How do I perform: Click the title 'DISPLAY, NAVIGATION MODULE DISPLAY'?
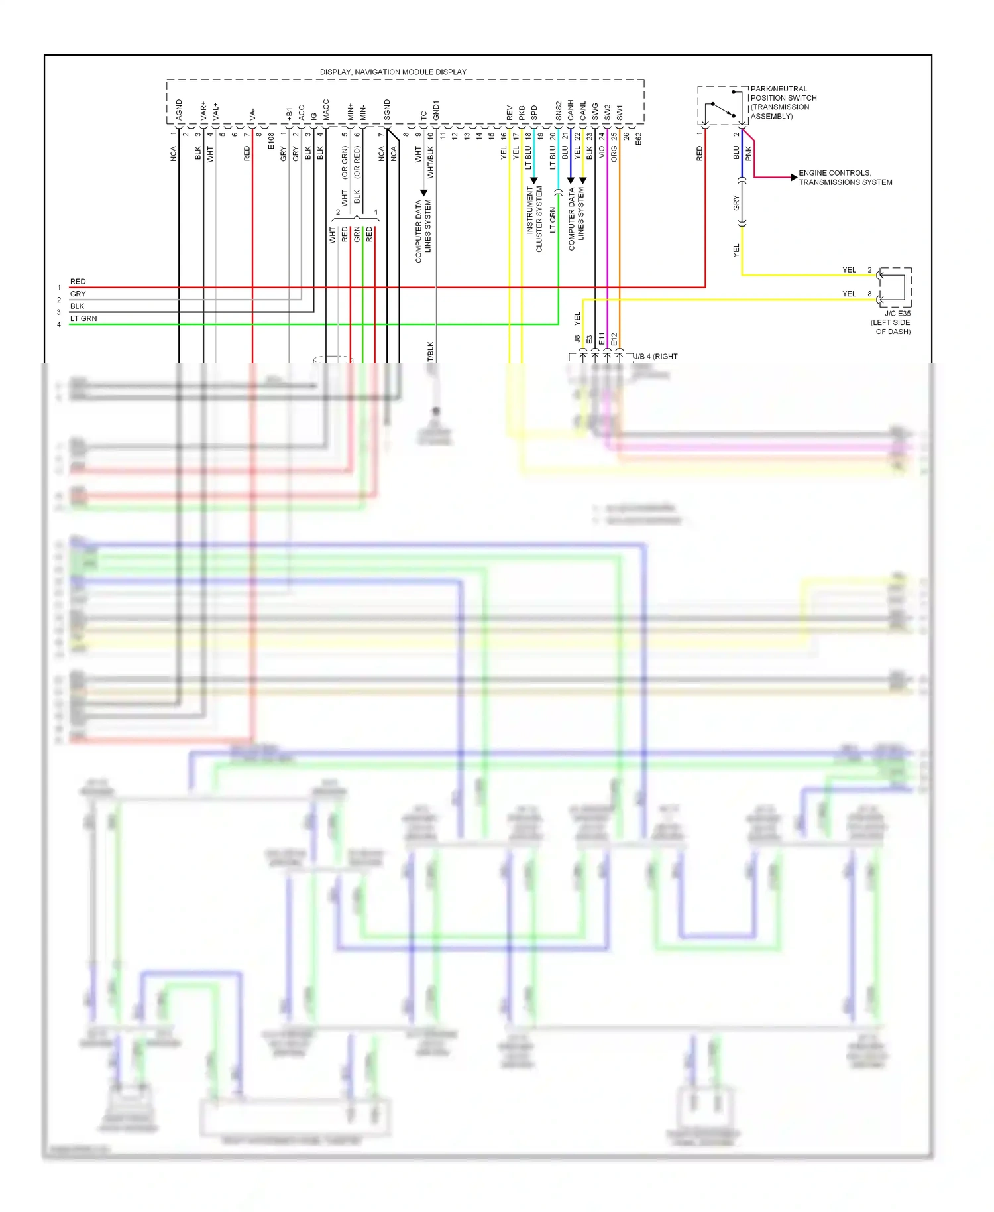[x=393, y=72]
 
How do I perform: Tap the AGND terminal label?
[x=179, y=109]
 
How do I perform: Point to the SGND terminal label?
[x=387, y=110]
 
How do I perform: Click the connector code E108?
[x=271, y=141]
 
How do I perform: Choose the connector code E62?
[x=639, y=139]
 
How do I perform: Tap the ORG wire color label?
[x=614, y=154]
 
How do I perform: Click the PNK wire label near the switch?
[x=748, y=153]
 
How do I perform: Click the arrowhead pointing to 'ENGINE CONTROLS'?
[x=793, y=177]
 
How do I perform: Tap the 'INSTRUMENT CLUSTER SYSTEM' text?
[x=534, y=219]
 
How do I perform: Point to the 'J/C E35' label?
[x=897, y=313]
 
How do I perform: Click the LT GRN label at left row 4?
[x=83, y=318]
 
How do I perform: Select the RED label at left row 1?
[x=78, y=282]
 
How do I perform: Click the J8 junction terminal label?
[x=577, y=339]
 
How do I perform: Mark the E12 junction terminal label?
[x=614, y=339]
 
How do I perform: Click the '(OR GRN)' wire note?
[x=345, y=163]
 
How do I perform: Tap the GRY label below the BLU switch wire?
[x=736, y=204]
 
